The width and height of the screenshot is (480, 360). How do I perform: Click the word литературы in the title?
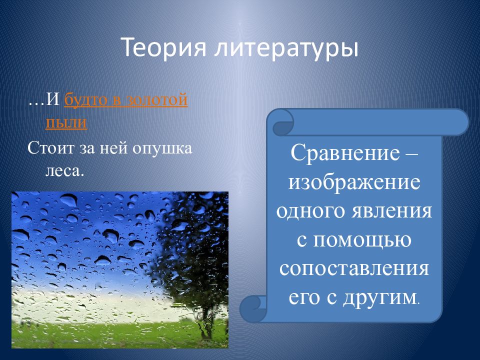coord(286,48)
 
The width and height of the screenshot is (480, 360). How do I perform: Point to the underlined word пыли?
coord(66,122)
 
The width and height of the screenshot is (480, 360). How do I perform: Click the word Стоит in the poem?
coord(51,148)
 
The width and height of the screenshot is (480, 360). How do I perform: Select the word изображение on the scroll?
coord(354,182)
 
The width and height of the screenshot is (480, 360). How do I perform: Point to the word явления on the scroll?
coord(391,210)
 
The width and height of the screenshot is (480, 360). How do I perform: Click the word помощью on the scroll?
coord(362,240)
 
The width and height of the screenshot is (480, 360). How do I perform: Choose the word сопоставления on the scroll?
coord(354,268)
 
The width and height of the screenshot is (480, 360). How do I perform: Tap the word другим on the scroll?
coord(379,297)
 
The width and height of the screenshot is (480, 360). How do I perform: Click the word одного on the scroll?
coord(311,210)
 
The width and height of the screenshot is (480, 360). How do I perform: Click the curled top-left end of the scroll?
coord(282,123)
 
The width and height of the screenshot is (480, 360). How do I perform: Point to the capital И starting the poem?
coord(52,99)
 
